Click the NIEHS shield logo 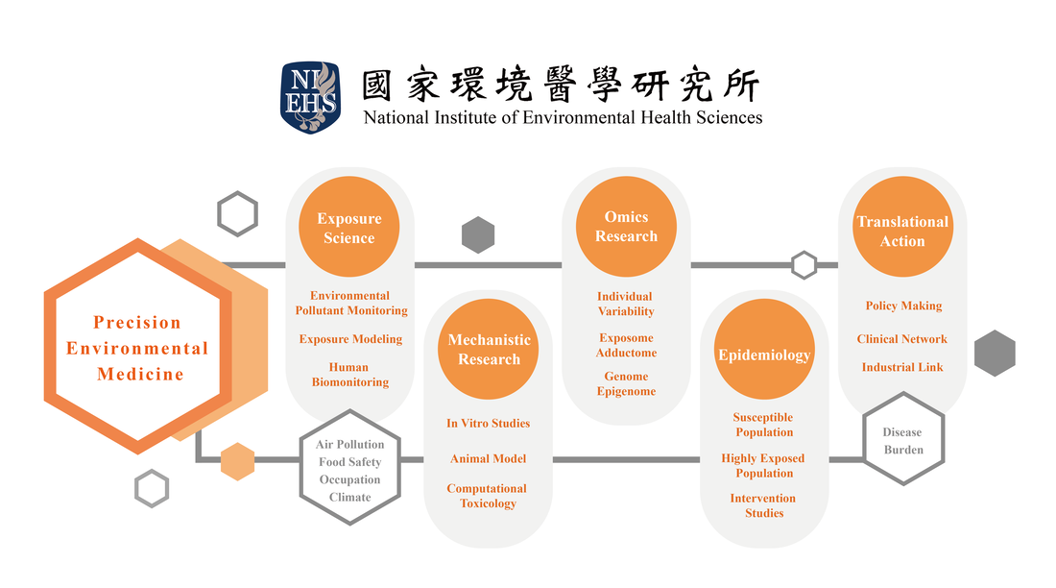pos(310,97)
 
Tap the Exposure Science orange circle pos(348,227)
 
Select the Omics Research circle pos(626,227)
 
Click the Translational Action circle pos(902,227)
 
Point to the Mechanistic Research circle pos(489,350)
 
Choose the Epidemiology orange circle pos(764,350)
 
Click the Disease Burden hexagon pos(903,439)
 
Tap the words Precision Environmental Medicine pos(138,348)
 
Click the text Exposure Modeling pos(350,338)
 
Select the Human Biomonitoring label pos(349,375)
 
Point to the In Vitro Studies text pos(489,423)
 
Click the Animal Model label pos(489,458)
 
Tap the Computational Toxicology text pos(487,496)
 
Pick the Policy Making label pos(903,306)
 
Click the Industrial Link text pos(902,367)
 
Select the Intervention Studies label pos(763,505)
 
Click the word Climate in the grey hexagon pos(350,497)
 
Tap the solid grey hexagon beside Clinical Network pos(995,354)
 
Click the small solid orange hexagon pos(238,462)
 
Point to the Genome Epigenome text pos(626,383)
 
